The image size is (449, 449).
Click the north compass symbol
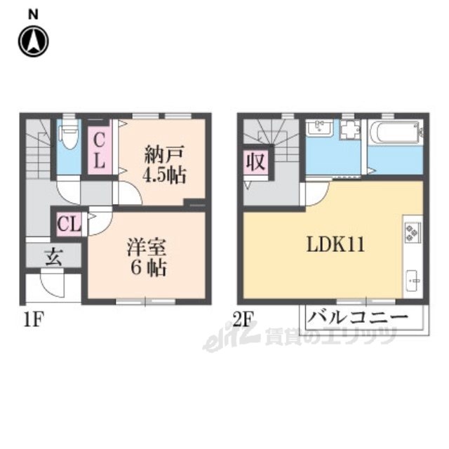coord(33,41)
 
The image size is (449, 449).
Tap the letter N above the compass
coord(33,14)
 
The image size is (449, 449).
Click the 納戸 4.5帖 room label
coord(164,164)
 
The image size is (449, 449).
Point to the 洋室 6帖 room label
coord(147,257)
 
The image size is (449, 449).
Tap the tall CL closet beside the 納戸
coord(99,151)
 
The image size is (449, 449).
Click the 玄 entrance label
coord(54,255)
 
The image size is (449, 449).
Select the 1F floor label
coord(34,320)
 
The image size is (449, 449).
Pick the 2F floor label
coord(243,320)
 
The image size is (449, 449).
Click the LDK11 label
coord(335,245)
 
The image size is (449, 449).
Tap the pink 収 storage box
coord(255,162)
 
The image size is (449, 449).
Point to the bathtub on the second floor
coord(396,133)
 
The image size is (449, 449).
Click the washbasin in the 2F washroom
coord(319,128)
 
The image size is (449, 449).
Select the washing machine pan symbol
coord(350,129)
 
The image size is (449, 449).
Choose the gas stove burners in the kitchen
coord(413,232)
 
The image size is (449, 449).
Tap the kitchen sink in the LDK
coord(413,281)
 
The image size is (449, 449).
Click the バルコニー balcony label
coord(357,317)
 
